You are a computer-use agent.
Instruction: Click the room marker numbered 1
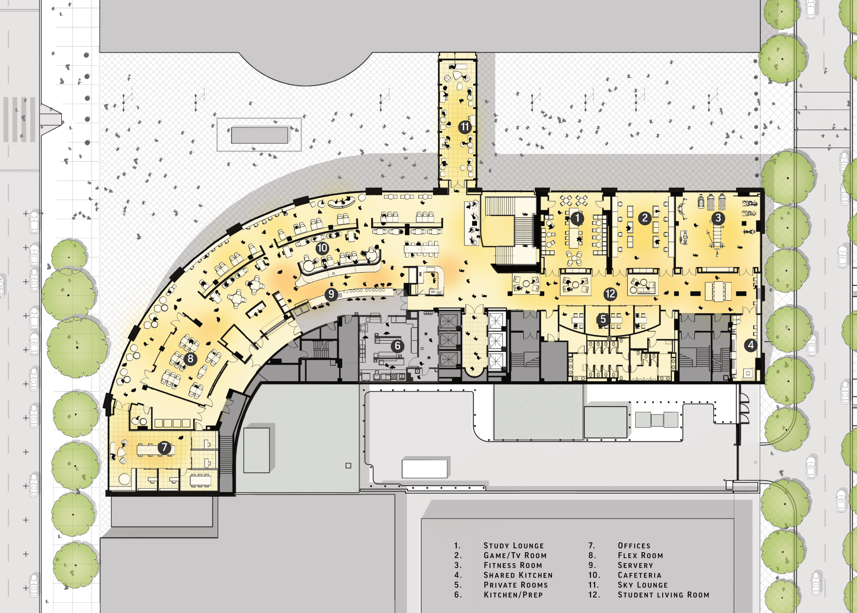577,218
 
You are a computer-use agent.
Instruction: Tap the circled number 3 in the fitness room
718,218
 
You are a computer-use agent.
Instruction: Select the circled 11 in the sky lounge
465,127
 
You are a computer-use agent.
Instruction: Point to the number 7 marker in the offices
165,448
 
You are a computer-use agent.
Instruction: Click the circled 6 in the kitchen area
397,346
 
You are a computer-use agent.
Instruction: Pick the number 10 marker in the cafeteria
322,248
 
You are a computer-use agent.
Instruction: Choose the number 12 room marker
610,294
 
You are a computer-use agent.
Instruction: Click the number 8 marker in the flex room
190,358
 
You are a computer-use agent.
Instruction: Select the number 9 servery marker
331,294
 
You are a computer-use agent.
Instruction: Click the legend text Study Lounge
513,546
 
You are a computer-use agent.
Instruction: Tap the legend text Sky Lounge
642,585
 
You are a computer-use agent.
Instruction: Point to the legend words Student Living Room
663,595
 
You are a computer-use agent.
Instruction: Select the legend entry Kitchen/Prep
513,595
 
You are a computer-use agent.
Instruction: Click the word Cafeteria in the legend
639,575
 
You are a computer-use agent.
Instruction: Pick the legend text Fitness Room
513,565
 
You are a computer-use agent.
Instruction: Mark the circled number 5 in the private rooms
603,319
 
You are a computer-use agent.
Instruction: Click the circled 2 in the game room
644,218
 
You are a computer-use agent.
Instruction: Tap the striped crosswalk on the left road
20,119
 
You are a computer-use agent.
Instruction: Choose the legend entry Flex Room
640,556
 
